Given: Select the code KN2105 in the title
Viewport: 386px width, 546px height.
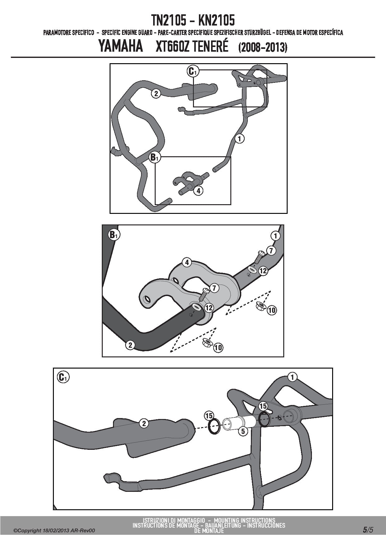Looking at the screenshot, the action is (216, 21).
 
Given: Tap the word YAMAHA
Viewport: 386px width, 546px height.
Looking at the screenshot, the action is (121, 46).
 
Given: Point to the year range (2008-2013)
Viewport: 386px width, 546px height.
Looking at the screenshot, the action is (263, 47).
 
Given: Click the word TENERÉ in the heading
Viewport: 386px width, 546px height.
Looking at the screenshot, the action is (210, 46).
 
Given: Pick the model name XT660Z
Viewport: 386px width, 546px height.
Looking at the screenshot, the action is (172, 46).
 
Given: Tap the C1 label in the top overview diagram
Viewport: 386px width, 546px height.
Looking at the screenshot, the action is (192, 71).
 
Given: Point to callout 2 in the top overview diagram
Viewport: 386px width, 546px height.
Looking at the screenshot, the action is (156, 93).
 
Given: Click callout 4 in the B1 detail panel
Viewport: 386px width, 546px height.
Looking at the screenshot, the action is (187, 263).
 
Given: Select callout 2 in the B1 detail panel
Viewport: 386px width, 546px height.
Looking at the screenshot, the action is (130, 345).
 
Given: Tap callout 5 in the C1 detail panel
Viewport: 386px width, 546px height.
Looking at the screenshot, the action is (243, 431).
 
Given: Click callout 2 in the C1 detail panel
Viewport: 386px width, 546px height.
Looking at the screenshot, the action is (144, 423).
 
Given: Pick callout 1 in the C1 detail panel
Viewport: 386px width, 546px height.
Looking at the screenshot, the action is (292, 377).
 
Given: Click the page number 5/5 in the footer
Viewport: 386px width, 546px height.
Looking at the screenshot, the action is (368, 530).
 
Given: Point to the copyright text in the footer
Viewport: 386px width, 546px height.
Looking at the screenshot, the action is (54, 530).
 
